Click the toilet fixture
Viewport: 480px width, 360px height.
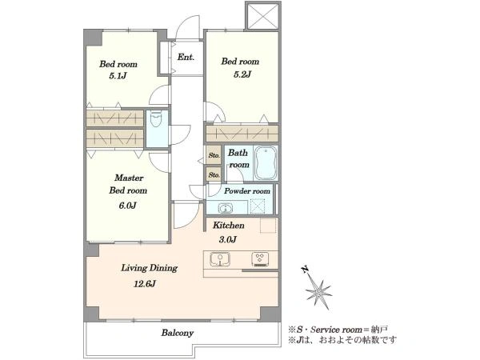(156, 119)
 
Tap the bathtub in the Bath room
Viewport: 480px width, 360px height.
(266, 163)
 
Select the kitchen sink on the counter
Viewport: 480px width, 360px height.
(220, 259)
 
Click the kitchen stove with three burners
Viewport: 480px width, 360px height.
(260, 259)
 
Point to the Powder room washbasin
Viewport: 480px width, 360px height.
(225, 209)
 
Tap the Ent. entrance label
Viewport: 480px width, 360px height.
(186, 58)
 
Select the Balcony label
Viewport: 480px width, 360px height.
(178, 333)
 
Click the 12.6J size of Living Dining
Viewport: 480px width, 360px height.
(145, 284)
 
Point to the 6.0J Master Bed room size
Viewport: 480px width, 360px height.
(127, 205)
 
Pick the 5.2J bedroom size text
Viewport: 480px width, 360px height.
(242, 74)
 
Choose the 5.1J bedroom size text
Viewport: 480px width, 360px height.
(118, 76)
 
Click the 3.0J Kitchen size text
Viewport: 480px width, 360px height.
(228, 239)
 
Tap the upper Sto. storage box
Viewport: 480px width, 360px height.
(214, 155)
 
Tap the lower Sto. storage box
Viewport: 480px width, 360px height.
(214, 174)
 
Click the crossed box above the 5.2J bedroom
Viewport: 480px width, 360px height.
(263, 16)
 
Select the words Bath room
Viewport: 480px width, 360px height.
(238, 158)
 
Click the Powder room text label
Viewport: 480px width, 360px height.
(247, 191)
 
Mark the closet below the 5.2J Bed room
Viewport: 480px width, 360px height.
(242, 134)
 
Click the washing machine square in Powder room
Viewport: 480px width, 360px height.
(258, 206)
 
